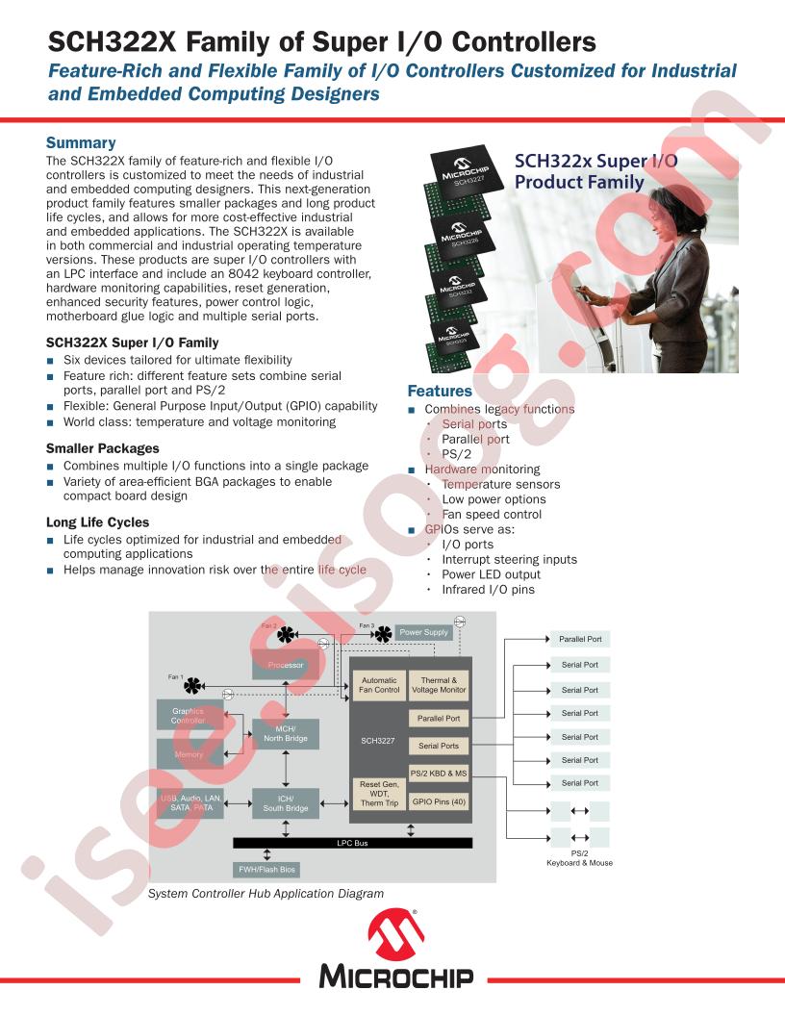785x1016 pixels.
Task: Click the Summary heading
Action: point(81,143)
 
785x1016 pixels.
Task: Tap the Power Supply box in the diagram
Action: point(423,632)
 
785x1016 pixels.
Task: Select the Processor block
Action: point(286,665)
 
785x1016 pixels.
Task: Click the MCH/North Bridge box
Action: point(286,734)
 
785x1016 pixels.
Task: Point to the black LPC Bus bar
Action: point(352,843)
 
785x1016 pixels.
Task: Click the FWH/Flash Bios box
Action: point(267,870)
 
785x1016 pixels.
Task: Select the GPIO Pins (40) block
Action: point(440,800)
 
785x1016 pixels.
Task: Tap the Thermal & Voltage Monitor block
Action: point(440,685)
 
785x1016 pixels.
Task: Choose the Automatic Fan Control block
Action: point(379,685)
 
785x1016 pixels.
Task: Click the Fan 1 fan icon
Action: point(194,685)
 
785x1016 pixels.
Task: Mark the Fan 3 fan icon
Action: point(382,634)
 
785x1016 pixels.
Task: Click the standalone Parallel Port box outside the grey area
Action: point(580,639)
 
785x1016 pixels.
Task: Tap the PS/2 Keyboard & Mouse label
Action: point(579,858)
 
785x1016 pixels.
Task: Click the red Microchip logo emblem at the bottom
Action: point(394,936)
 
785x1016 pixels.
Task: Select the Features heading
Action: point(440,392)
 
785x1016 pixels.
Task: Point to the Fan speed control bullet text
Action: point(492,515)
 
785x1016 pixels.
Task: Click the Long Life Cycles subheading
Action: point(97,522)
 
